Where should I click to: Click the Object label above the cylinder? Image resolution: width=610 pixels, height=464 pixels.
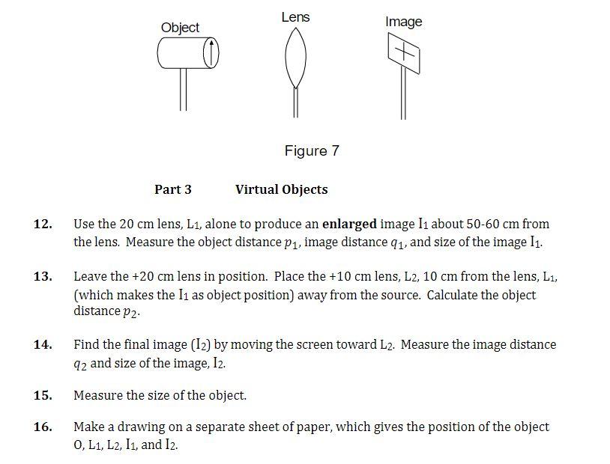[180, 28]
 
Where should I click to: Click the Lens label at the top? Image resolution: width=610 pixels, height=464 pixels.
[295, 16]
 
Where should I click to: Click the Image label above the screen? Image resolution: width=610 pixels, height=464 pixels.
[404, 22]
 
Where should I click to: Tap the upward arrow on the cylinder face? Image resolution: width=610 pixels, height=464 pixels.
[212, 53]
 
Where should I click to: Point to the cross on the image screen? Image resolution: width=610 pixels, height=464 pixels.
[403, 53]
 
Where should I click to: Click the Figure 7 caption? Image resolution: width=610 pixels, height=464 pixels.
[312, 150]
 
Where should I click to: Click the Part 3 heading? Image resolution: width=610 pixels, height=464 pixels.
[173, 189]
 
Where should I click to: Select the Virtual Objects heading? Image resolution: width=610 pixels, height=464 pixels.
[281, 189]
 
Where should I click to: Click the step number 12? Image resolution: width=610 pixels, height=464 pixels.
[43, 224]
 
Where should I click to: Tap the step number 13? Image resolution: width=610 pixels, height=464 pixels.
[43, 276]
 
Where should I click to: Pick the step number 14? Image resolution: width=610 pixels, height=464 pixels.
[43, 345]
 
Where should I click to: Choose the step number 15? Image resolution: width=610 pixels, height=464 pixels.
[43, 395]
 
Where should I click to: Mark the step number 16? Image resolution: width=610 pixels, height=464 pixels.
[43, 427]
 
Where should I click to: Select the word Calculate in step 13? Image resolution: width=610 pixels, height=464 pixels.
[454, 295]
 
